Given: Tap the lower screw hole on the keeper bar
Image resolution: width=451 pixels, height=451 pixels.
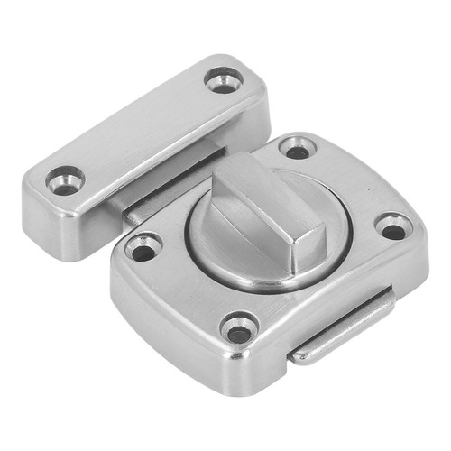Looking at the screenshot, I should point(65,180).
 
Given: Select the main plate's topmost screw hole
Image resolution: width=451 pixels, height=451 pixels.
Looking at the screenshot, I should point(295,147).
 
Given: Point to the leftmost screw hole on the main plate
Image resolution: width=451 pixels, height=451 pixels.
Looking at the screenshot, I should point(143,245).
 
